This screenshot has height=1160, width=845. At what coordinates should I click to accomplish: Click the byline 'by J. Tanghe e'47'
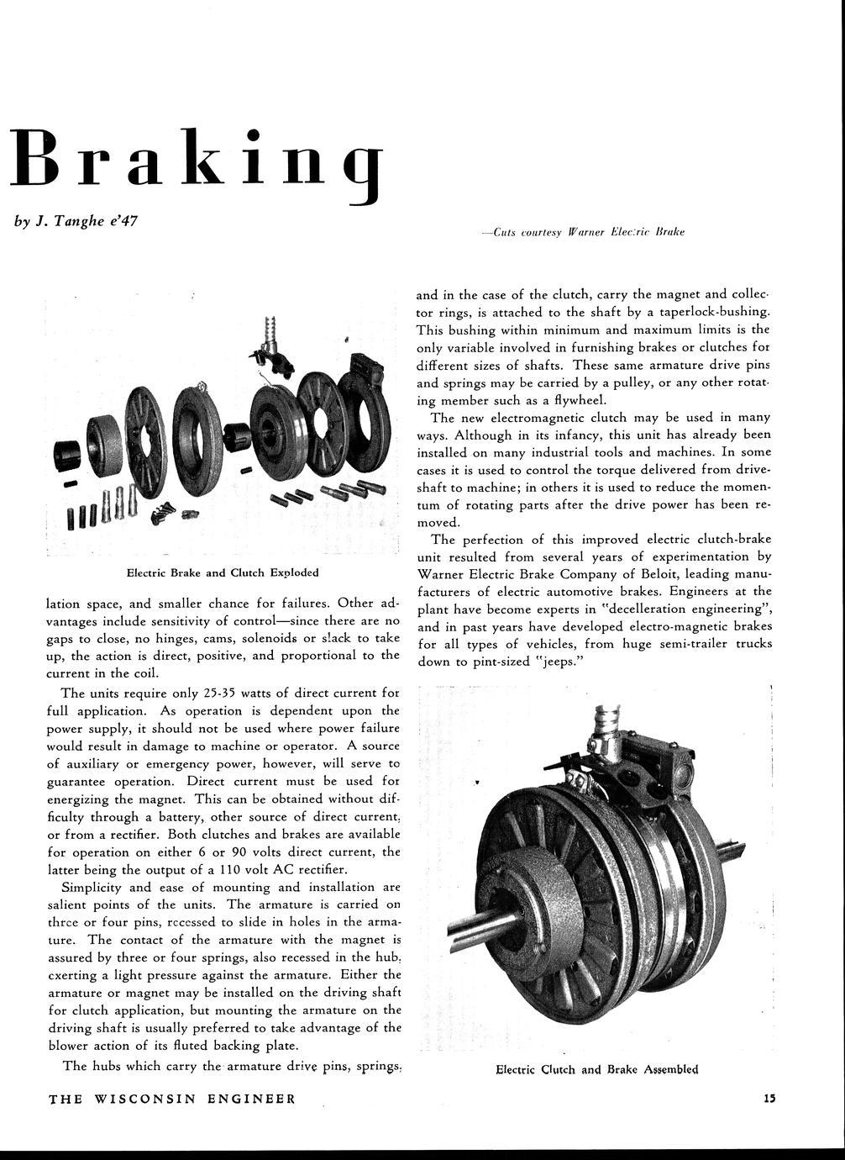(x=76, y=222)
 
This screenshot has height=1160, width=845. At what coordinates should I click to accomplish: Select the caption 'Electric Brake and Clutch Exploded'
(x=222, y=572)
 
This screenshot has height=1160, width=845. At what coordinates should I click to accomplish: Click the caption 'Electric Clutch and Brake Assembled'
(x=596, y=1070)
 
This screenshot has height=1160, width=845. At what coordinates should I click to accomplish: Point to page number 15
(x=769, y=1098)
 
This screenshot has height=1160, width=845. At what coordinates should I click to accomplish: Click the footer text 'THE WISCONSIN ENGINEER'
(x=172, y=1099)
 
